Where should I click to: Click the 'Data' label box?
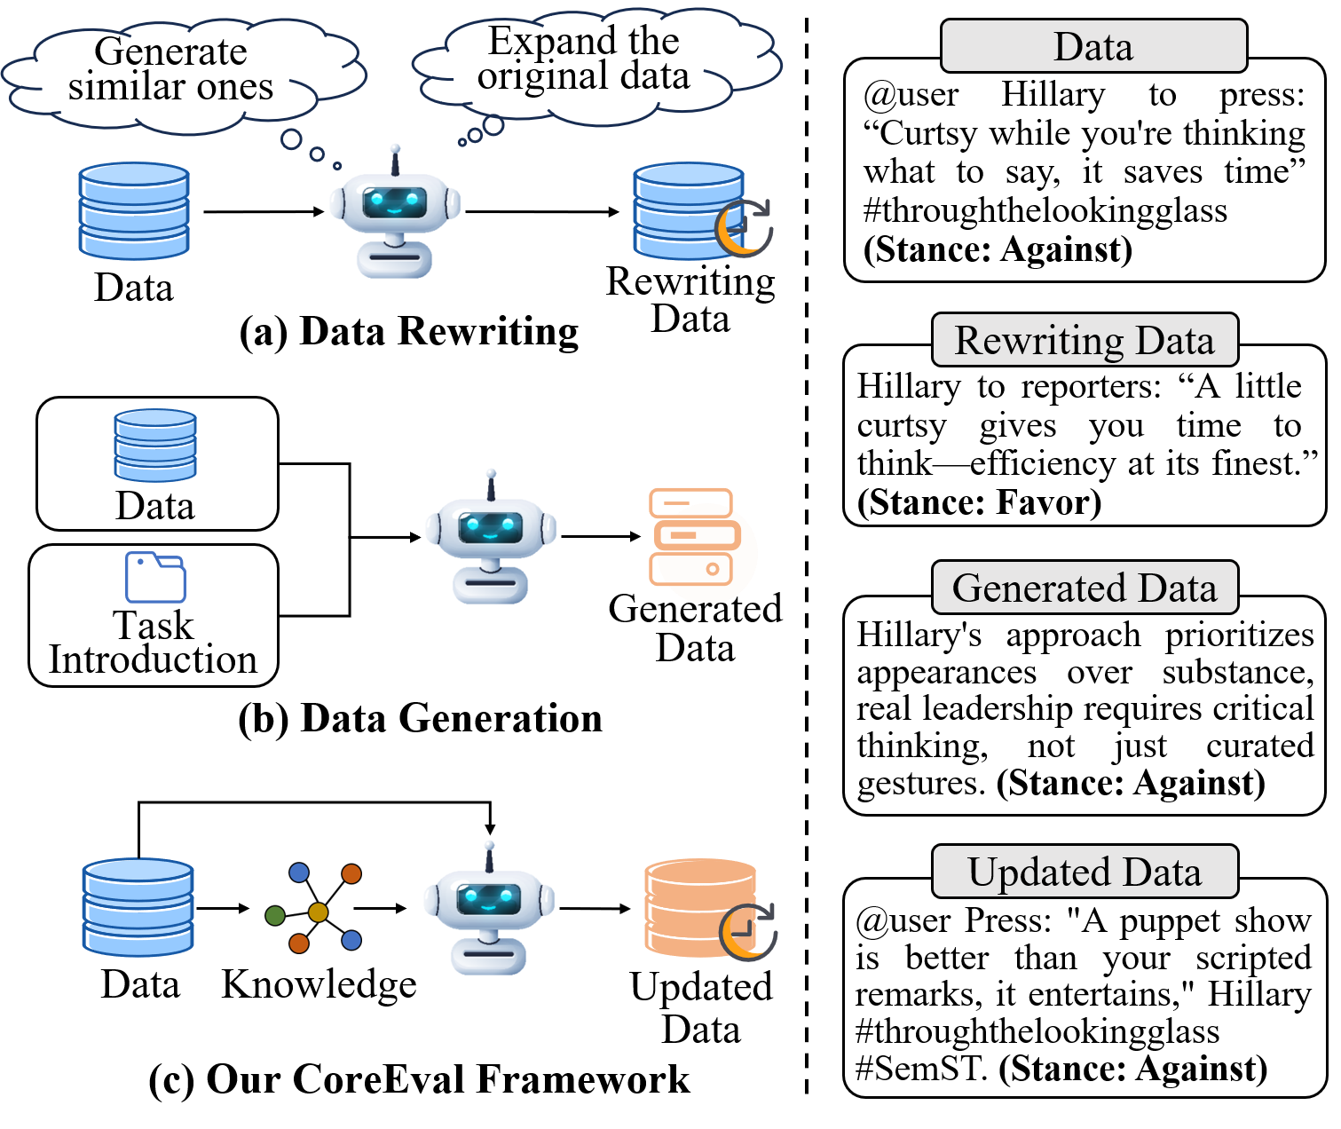click(1093, 46)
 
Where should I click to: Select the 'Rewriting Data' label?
click(1085, 340)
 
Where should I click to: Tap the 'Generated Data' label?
click(1085, 588)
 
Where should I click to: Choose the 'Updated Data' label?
click(1085, 872)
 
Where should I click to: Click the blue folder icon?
click(155, 578)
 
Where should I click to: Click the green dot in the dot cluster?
click(275, 915)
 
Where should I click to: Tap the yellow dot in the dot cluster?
click(318, 912)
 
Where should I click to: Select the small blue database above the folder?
click(155, 446)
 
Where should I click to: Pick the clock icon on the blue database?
click(745, 228)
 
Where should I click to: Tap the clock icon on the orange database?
click(748, 932)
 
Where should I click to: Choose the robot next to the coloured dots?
click(489, 909)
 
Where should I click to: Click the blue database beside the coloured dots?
click(138, 907)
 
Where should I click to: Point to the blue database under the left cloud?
click(134, 211)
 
